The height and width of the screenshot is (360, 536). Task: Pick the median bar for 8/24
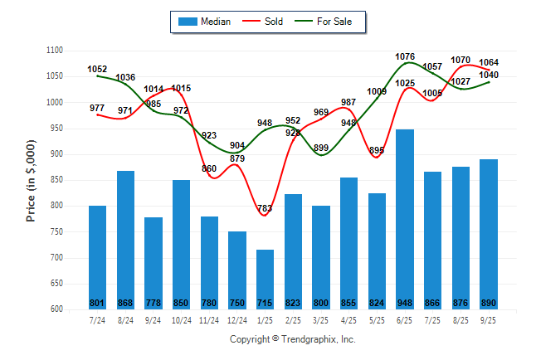click(125, 240)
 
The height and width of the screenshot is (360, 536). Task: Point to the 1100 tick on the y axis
click(55, 51)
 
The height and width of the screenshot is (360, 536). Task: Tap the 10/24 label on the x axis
click(181, 319)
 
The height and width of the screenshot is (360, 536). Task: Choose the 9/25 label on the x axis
click(489, 319)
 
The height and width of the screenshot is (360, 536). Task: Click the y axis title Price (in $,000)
click(31, 180)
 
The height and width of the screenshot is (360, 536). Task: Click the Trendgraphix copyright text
click(292, 340)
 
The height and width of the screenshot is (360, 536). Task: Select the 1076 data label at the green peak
click(405, 57)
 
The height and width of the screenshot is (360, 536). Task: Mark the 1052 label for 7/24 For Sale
click(98, 69)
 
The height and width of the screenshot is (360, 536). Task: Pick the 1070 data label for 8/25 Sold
click(460, 60)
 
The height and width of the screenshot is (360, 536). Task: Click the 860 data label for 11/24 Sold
click(209, 168)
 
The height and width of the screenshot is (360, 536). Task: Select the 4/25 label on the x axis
click(348, 319)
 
